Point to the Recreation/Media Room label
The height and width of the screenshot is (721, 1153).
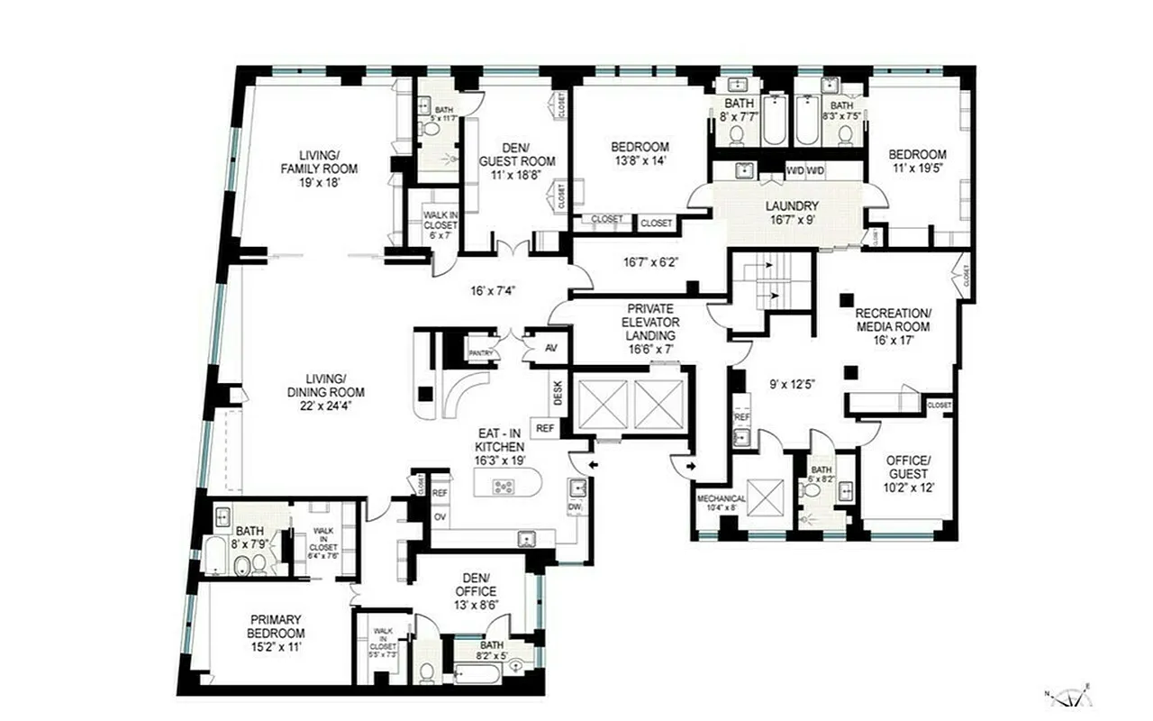pos(893,320)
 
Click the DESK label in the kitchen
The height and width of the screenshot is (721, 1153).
pos(557,394)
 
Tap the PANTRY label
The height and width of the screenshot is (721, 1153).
pos(481,353)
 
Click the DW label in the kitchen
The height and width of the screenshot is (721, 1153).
pos(574,508)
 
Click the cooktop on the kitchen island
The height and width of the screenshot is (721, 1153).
pos(504,488)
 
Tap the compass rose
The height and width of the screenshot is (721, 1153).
pos(1070,696)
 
